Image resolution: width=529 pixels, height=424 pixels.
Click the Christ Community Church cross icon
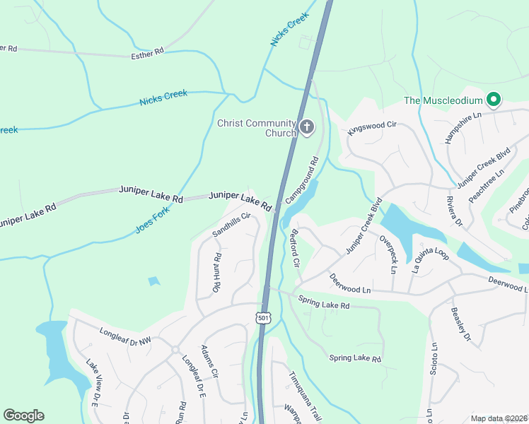pos(306,127)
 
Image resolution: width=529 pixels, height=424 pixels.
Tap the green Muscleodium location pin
pos(493,100)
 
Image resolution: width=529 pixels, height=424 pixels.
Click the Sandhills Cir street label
pos(232,225)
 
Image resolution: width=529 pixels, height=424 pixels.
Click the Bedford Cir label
pos(296,247)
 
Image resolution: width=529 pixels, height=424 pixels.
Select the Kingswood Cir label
pos(371,127)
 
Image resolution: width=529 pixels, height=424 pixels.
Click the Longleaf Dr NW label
pos(126,336)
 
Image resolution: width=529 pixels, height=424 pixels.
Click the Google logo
pos(24,416)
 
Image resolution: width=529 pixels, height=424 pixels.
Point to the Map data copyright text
pos(498,418)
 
